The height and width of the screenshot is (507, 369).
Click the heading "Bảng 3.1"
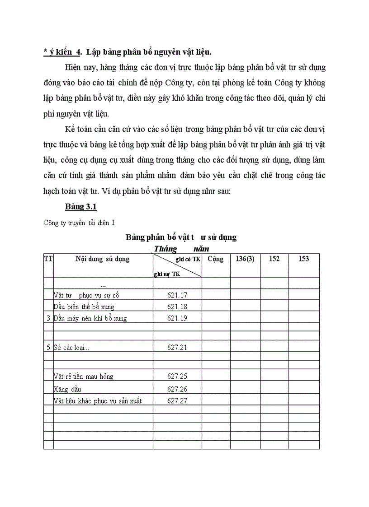pos(80,207)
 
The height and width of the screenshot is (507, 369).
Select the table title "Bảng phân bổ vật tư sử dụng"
pos(181,237)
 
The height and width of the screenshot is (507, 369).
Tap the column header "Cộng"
pos(216,259)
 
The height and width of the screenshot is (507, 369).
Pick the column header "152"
pos(274,259)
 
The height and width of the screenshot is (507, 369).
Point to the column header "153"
pos(304,259)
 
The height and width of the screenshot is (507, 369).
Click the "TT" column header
pos(48,259)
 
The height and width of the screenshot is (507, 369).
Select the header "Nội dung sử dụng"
pos(103,259)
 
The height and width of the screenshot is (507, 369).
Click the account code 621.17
pos(177,295)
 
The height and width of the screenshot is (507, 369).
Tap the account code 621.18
pos(177,307)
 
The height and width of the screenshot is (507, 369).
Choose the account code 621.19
pos(177,318)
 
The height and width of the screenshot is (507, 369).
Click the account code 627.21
pos(177,347)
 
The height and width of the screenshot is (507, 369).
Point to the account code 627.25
pos(177,376)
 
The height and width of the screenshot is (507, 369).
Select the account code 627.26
pos(177,389)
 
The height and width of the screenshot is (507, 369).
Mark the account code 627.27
pos(177,400)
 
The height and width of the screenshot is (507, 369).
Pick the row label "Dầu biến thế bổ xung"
pos(84,307)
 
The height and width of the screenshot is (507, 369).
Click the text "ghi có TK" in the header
pos(188,259)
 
